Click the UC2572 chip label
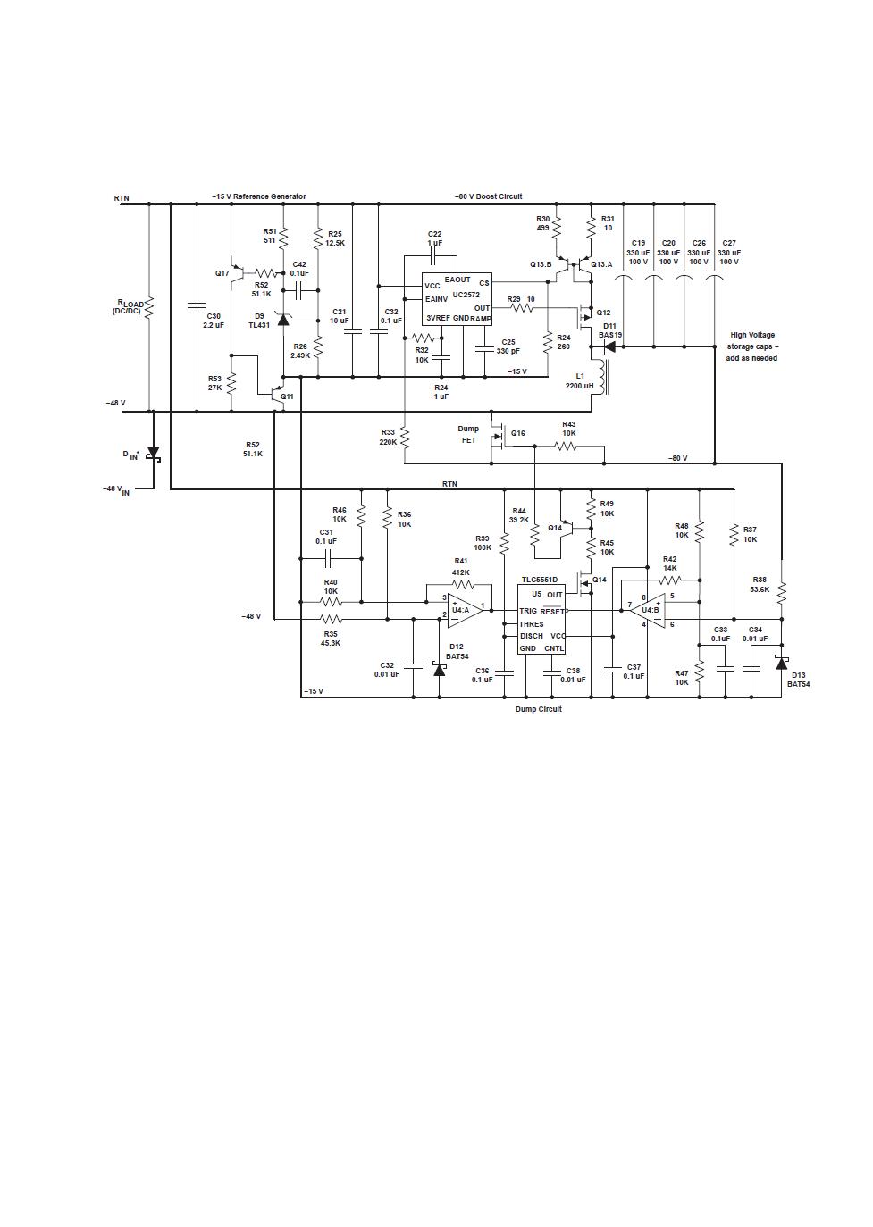click(x=466, y=295)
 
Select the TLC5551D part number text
click(x=539, y=580)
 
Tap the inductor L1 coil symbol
click(x=604, y=378)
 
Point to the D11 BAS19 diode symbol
click(x=609, y=346)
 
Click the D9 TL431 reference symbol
click(x=283, y=319)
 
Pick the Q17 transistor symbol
click(x=239, y=272)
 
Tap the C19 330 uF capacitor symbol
click(x=623, y=279)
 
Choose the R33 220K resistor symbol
click(x=405, y=438)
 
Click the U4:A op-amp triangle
click(x=465, y=610)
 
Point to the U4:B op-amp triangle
click(x=648, y=610)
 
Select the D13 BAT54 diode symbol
click(x=782, y=664)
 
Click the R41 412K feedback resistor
click(x=460, y=586)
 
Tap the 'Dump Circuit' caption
click(x=538, y=709)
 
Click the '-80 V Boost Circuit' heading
click(x=488, y=196)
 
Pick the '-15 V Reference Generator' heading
click(x=258, y=196)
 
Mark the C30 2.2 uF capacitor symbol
click(x=197, y=305)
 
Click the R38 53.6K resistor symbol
click(x=782, y=593)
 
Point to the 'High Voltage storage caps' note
click(x=752, y=346)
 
